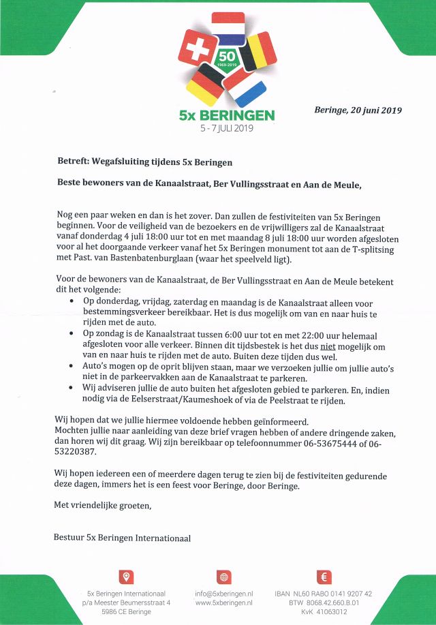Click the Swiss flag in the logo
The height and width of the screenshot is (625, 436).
tap(198, 50)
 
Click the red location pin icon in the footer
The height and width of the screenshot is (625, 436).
tap(126, 577)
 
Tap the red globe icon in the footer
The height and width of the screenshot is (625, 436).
tap(223, 577)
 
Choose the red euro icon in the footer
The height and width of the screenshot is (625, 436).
tap(325, 577)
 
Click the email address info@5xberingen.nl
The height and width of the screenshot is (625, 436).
tap(223, 594)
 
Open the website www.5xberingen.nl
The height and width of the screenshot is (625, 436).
tap(223, 603)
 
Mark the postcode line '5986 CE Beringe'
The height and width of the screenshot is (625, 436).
tap(126, 613)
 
